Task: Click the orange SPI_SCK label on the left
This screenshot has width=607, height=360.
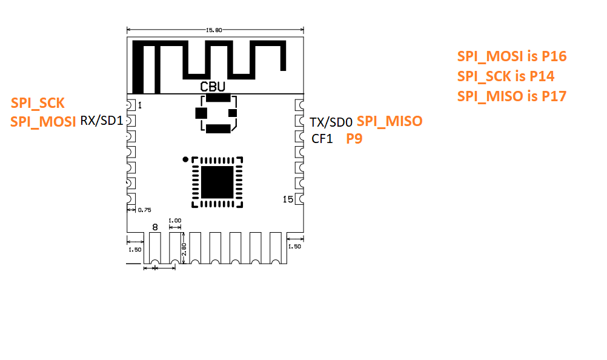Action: tap(38, 102)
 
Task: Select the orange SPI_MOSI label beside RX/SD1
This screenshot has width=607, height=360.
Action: tap(43, 121)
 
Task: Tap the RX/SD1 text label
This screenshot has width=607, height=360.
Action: tap(101, 121)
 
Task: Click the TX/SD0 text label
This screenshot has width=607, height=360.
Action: tap(331, 121)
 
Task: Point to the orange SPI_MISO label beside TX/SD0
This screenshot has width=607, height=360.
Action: tap(390, 121)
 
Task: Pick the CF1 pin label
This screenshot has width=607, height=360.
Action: tap(322, 139)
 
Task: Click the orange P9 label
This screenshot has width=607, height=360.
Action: tap(354, 139)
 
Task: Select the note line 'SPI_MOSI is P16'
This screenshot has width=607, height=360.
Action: tap(511, 57)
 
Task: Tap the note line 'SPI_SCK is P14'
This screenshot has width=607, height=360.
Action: tap(505, 76)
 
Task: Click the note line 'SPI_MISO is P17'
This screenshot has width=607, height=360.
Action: tap(511, 96)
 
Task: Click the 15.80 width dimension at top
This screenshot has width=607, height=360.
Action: tap(215, 29)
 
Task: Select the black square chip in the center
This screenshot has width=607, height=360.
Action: tap(216, 181)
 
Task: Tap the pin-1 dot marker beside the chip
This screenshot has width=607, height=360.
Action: tap(185, 159)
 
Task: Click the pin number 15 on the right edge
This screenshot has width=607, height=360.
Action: tap(288, 199)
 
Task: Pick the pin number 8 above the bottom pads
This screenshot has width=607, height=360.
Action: tap(155, 227)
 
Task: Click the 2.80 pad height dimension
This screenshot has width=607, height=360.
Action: tap(184, 248)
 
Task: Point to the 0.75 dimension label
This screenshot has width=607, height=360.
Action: tap(144, 210)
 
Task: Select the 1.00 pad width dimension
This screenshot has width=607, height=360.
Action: tap(175, 221)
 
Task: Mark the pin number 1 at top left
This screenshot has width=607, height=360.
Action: tap(140, 105)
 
